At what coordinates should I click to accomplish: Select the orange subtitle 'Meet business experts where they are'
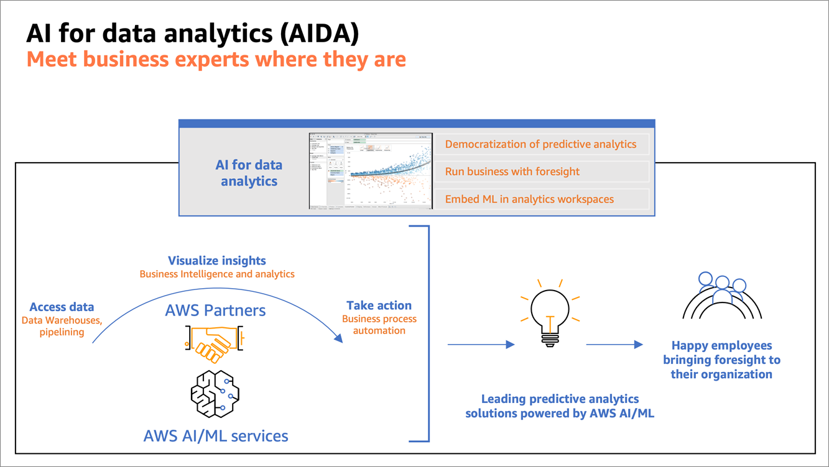pos(216,60)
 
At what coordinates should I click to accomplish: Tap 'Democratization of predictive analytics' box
pos(541,144)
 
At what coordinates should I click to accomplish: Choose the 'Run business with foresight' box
pos(541,171)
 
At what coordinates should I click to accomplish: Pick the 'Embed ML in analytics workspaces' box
pos(541,199)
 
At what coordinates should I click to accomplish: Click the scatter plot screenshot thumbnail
pos(371,171)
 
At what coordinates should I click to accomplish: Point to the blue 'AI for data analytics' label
pos(249,173)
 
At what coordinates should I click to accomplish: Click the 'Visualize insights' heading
pos(217,261)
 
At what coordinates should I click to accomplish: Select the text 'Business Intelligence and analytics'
pos(217,274)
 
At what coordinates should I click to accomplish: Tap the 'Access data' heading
pos(62,307)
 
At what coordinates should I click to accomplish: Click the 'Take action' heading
pos(379,306)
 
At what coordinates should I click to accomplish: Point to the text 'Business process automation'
pos(379,325)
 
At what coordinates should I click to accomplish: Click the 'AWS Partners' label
pos(215,310)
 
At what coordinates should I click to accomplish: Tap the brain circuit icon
pos(215,394)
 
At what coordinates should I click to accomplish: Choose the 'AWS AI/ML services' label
pos(216,435)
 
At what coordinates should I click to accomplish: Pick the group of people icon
pos(721,295)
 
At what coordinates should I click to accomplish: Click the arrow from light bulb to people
pos(614,344)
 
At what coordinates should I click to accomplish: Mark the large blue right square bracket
pos(422,334)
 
